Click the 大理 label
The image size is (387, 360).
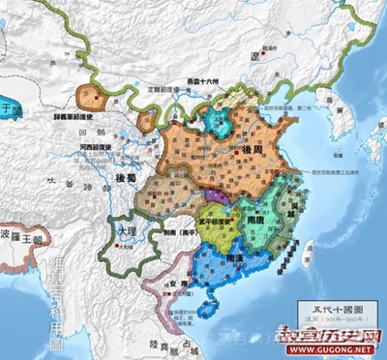coord(126,232)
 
